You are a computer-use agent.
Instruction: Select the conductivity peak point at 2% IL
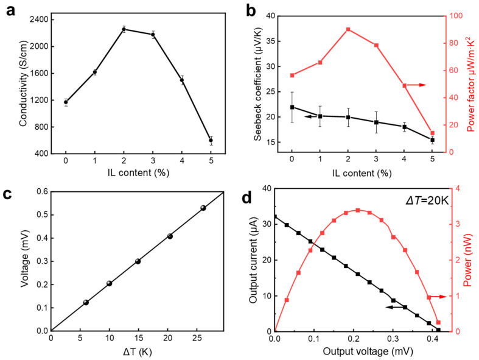click(124, 29)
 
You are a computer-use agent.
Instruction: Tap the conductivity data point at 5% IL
click(211, 141)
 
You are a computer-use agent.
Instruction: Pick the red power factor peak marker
click(348, 29)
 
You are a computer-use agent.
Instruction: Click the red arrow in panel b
click(417, 85)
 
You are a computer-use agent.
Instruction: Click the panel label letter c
click(10, 196)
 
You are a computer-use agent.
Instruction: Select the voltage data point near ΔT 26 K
click(203, 208)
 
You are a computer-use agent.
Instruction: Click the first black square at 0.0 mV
click(276, 216)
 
